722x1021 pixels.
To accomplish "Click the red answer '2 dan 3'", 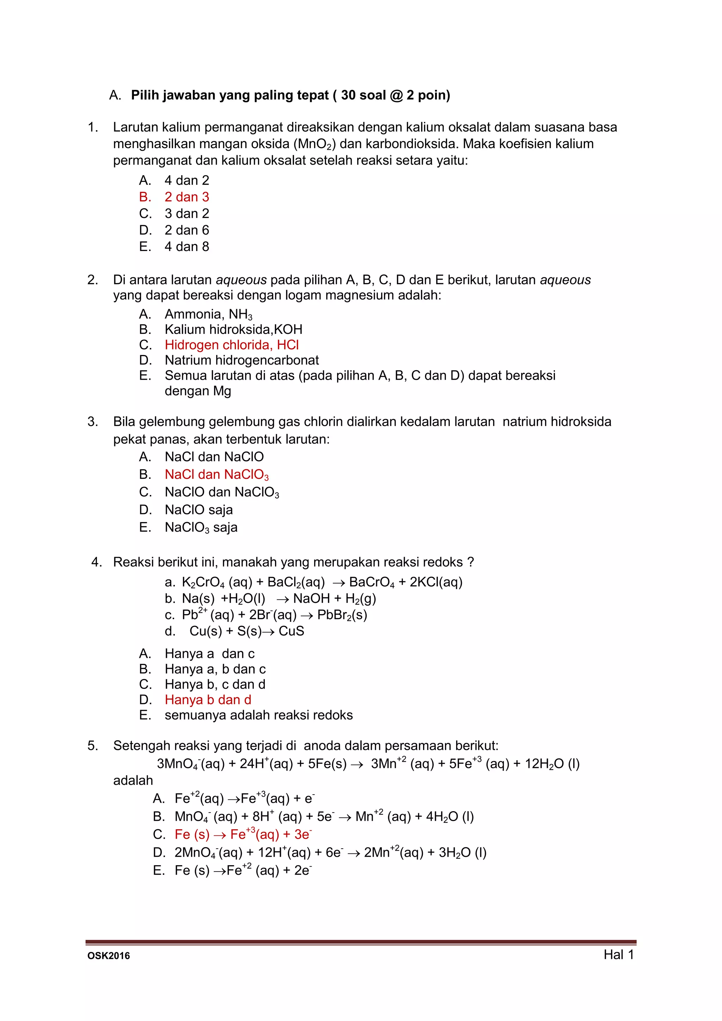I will click(x=187, y=197).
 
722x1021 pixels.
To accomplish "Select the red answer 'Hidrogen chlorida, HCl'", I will click(x=232, y=345).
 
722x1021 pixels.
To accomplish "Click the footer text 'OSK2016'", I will click(x=109, y=956).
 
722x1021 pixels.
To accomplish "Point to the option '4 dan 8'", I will click(x=187, y=246).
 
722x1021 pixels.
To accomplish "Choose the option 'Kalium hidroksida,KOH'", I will click(x=233, y=330).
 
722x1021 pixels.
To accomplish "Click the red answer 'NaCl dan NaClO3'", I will click(x=216, y=475).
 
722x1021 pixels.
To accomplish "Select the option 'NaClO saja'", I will click(x=199, y=509).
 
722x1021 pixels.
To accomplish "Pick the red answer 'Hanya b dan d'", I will click(x=208, y=699).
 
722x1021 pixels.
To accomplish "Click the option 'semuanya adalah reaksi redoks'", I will click(x=259, y=715).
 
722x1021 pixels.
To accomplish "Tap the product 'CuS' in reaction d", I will click(x=292, y=631).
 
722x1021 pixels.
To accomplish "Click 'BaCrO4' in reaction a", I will click(x=372, y=582).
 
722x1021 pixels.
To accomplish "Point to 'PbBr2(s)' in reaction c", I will click(x=342, y=615).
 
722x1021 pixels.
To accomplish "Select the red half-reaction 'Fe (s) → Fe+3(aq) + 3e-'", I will click(x=243, y=834).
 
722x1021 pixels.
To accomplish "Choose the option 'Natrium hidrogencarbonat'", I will click(x=242, y=360).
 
